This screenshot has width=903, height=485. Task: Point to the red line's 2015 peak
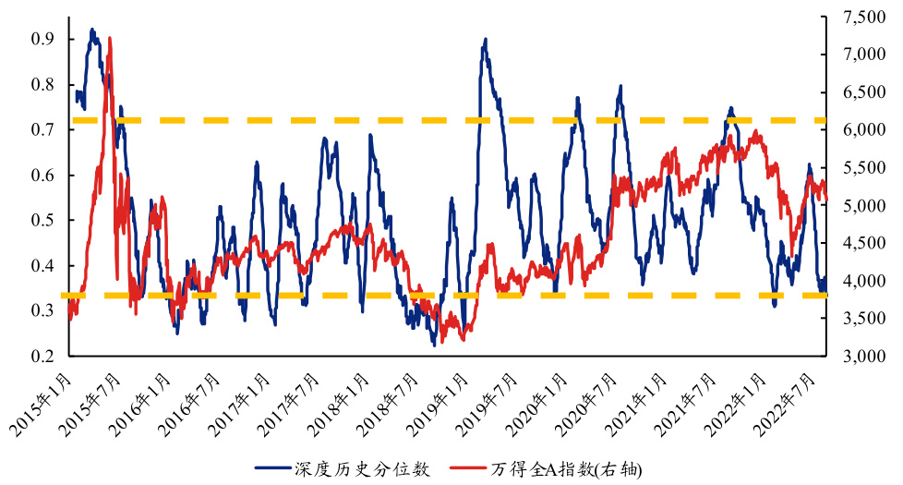click(110, 39)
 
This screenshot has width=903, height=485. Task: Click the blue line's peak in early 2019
click(485, 40)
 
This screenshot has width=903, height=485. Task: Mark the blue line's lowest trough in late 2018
click(434, 346)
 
